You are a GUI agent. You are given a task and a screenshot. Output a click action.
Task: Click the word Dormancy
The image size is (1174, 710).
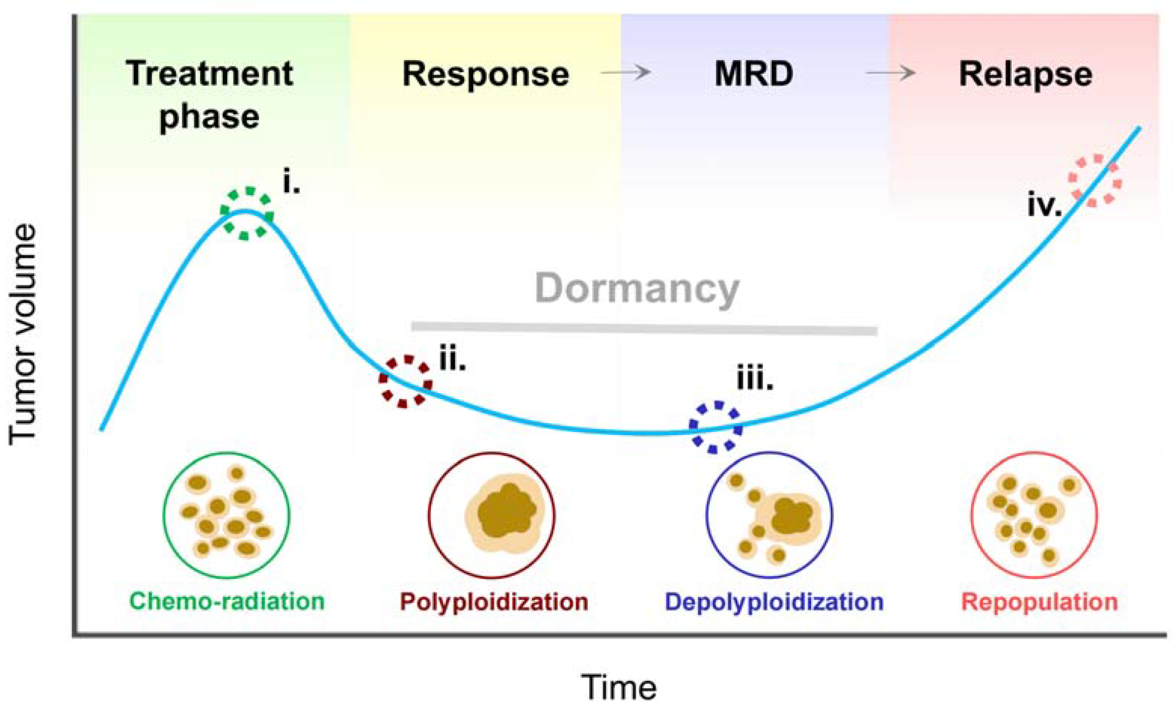point(637,289)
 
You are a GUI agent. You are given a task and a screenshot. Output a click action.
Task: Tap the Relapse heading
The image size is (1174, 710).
point(1025,75)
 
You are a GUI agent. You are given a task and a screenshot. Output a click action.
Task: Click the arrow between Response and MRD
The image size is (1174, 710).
point(626,73)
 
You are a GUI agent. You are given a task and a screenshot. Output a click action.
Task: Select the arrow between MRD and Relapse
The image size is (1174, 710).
point(890,73)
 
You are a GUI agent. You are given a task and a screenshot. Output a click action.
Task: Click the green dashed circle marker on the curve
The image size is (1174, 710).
point(246,213)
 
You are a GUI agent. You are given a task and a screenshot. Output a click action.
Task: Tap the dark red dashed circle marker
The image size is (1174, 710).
point(405,381)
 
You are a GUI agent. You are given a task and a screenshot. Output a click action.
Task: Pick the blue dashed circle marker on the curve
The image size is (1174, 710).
point(716,427)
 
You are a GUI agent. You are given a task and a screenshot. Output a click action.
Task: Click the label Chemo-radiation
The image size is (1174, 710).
point(227,601)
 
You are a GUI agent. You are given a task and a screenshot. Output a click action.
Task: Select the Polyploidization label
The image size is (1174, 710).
point(494,602)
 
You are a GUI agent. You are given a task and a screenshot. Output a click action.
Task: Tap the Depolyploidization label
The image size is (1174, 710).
point(774,602)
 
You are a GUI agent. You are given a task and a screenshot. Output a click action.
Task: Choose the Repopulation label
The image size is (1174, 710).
point(1039,602)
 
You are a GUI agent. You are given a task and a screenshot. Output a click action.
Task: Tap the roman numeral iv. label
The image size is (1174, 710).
point(1044,206)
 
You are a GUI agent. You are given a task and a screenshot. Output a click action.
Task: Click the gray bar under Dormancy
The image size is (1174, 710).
point(644,329)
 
